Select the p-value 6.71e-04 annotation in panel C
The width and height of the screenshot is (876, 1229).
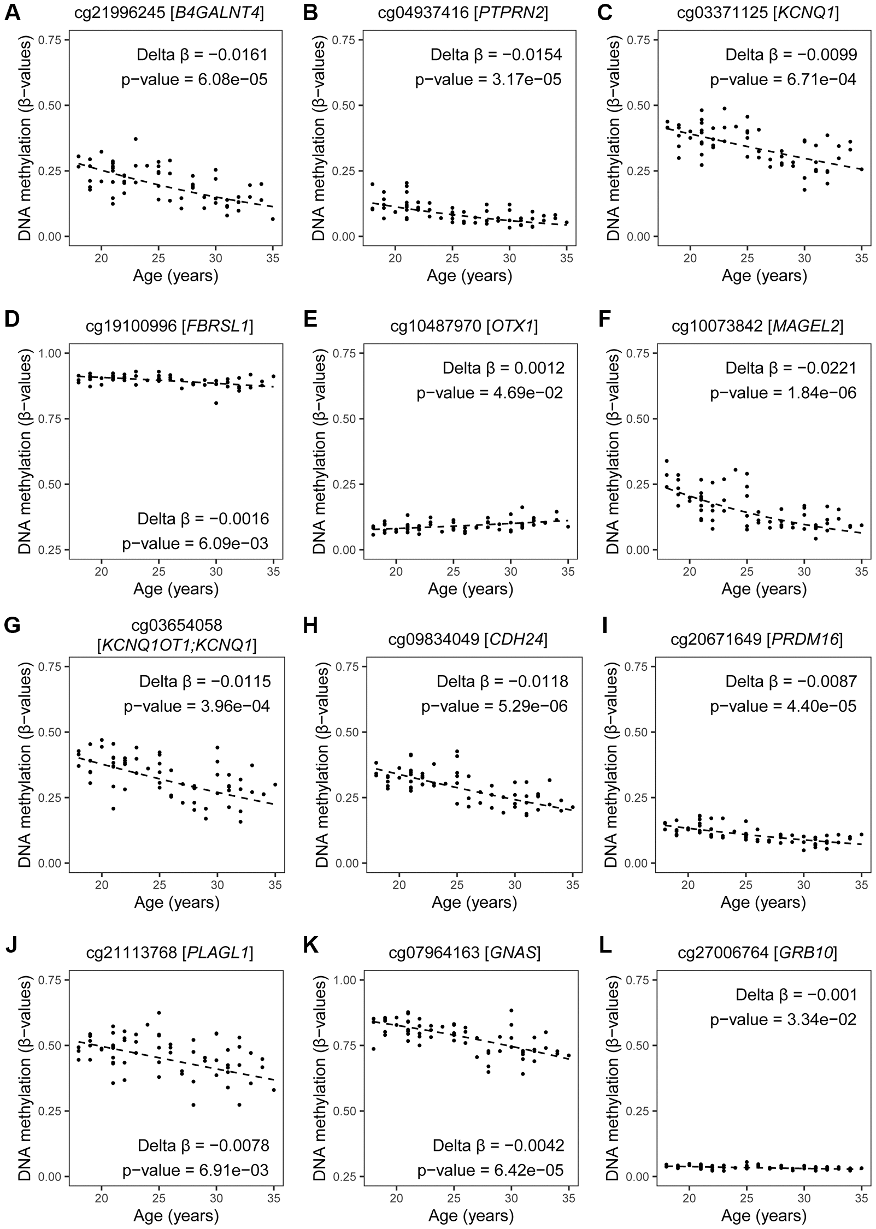click(783, 80)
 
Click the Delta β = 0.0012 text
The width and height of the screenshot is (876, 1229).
click(503, 368)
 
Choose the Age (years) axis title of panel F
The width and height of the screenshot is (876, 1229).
click(764, 589)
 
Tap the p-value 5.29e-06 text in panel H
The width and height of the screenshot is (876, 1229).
click(495, 706)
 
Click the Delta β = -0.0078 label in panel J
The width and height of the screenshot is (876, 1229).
click(203, 1145)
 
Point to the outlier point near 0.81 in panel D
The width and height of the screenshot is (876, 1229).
click(216, 403)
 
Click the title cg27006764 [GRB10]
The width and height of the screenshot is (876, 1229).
click(757, 953)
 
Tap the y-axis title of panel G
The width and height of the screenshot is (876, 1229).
click(26, 765)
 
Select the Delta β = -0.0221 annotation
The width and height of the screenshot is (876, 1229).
click(791, 368)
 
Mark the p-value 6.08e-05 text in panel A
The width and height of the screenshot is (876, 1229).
click(195, 80)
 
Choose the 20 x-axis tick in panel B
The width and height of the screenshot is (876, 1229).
click(395, 258)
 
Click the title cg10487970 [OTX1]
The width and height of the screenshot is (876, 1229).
click(464, 326)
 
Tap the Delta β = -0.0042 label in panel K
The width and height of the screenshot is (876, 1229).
click(498, 1145)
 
